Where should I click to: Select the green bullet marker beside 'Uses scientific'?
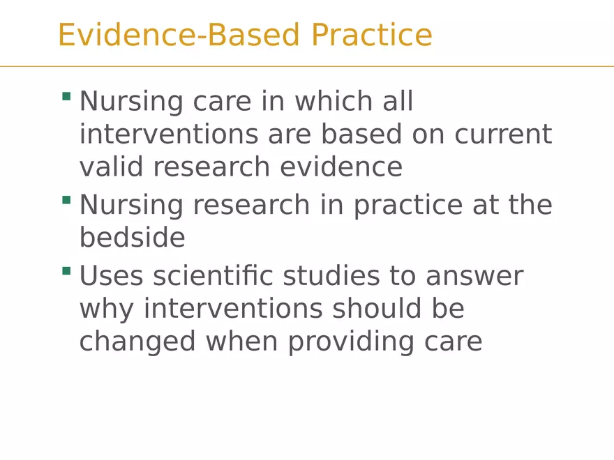66,270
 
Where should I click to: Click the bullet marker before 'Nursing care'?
66,96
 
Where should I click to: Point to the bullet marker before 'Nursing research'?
66,200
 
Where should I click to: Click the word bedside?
132,238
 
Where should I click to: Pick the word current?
503,135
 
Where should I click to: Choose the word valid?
112,167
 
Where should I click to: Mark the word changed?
137,342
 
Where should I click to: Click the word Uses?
112,276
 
